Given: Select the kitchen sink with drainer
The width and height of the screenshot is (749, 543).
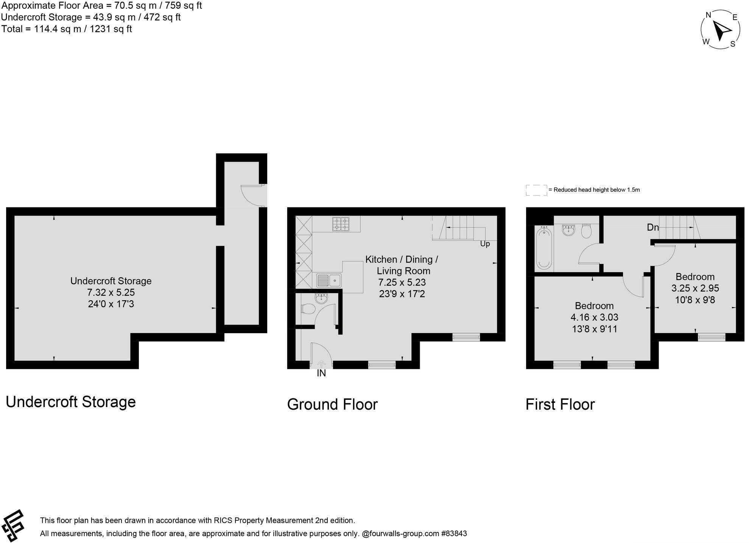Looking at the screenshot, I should pyautogui.click(x=329, y=281).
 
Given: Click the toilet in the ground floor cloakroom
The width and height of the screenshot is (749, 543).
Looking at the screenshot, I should pyautogui.click(x=308, y=309).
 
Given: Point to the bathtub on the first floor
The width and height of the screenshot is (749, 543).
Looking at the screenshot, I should pyautogui.click(x=544, y=248).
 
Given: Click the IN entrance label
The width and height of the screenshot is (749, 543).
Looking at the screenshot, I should pyautogui.click(x=321, y=373).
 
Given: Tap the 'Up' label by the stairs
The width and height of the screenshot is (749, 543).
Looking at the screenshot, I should pyautogui.click(x=485, y=244).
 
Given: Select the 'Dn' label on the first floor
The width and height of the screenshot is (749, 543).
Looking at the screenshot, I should pyautogui.click(x=652, y=227).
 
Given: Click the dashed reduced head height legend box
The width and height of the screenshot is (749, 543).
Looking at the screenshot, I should pyautogui.click(x=536, y=190).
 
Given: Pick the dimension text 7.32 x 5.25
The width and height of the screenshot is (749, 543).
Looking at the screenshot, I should pyautogui.click(x=111, y=292).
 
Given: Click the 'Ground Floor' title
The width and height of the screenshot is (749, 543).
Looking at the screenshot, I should pyautogui.click(x=332, y=404).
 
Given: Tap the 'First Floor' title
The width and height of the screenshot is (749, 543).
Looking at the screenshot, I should pyautogui.click(x=560, y=404).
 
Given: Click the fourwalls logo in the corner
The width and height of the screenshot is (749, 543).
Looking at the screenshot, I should pyautogui.click(x=13, y=526).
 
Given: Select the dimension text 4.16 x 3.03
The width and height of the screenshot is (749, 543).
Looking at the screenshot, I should pyautogui.click(x=594, y=317).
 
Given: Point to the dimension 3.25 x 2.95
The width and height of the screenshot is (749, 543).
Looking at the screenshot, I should pyautogui.click(x=695, y=288).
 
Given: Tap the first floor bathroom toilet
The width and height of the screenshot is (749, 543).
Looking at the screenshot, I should pyautogui.click(x=586, y=231).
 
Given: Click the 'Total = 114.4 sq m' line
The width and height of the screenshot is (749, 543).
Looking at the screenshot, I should pyautogui.click(x=67, y=29).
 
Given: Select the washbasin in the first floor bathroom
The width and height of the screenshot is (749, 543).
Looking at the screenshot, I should pyautogui.click(x=568, y=230).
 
